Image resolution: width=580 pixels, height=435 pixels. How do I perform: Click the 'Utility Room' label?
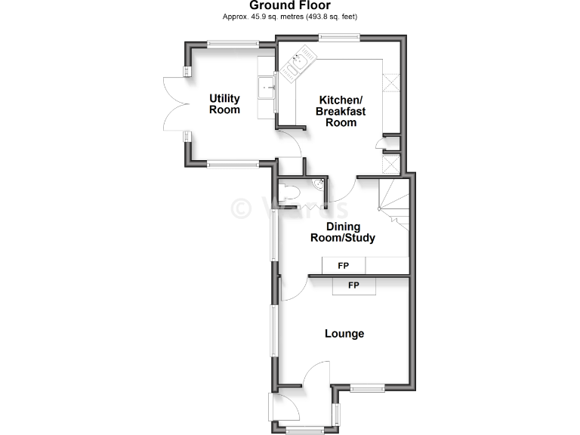(x=224, y=104)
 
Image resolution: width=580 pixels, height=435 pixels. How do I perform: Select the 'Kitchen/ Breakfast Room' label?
(x=341, y=111)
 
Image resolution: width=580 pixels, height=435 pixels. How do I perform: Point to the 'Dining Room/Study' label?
(x=343, y=233)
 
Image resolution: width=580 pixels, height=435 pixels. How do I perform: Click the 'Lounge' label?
(x=344, y=334)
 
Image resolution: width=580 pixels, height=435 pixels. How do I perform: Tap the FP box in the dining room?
(x=344, y=266)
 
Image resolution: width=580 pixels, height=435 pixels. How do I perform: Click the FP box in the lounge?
(x=353, y=285)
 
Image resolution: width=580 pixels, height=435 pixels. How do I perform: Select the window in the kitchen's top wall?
(x=338, y=37)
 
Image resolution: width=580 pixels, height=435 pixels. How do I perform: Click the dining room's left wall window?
(x=275, y=236)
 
